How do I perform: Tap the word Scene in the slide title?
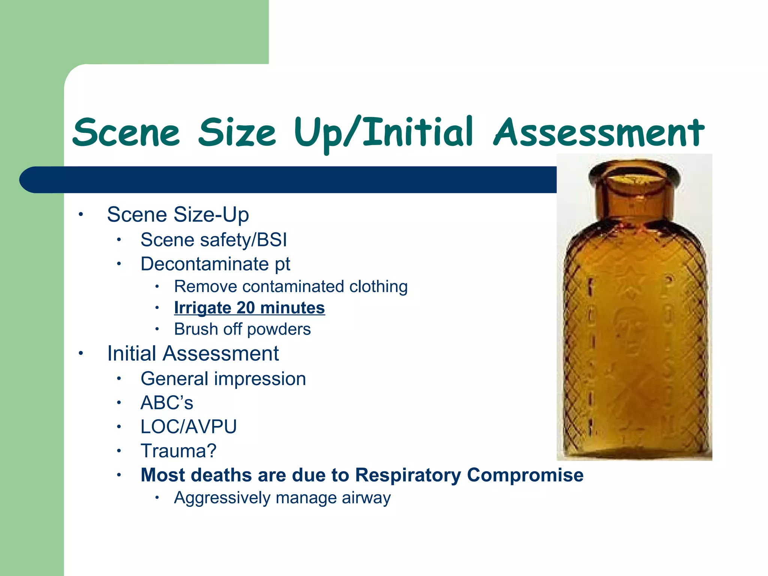click(x=126, y=133)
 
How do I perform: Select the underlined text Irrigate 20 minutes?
click(x=249, y=308)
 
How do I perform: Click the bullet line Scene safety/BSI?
click(x=213, y=240)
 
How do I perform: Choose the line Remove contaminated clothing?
click(x=291, y=286)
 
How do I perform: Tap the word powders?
click(x=279, y=329)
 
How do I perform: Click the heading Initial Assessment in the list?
click(x=193, y=353)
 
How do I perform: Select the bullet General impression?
click(x=223, y=379)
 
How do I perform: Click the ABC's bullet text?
click(x=167, y=403)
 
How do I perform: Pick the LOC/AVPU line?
click(x=189, y=427)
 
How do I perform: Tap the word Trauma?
click(x=178, y=451)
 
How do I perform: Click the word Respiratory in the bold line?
click(x=408, y=475)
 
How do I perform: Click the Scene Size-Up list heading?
click(x=178, y=214)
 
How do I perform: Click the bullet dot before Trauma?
click(x=118, y=451)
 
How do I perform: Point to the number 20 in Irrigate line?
click(x=246, y=308)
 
